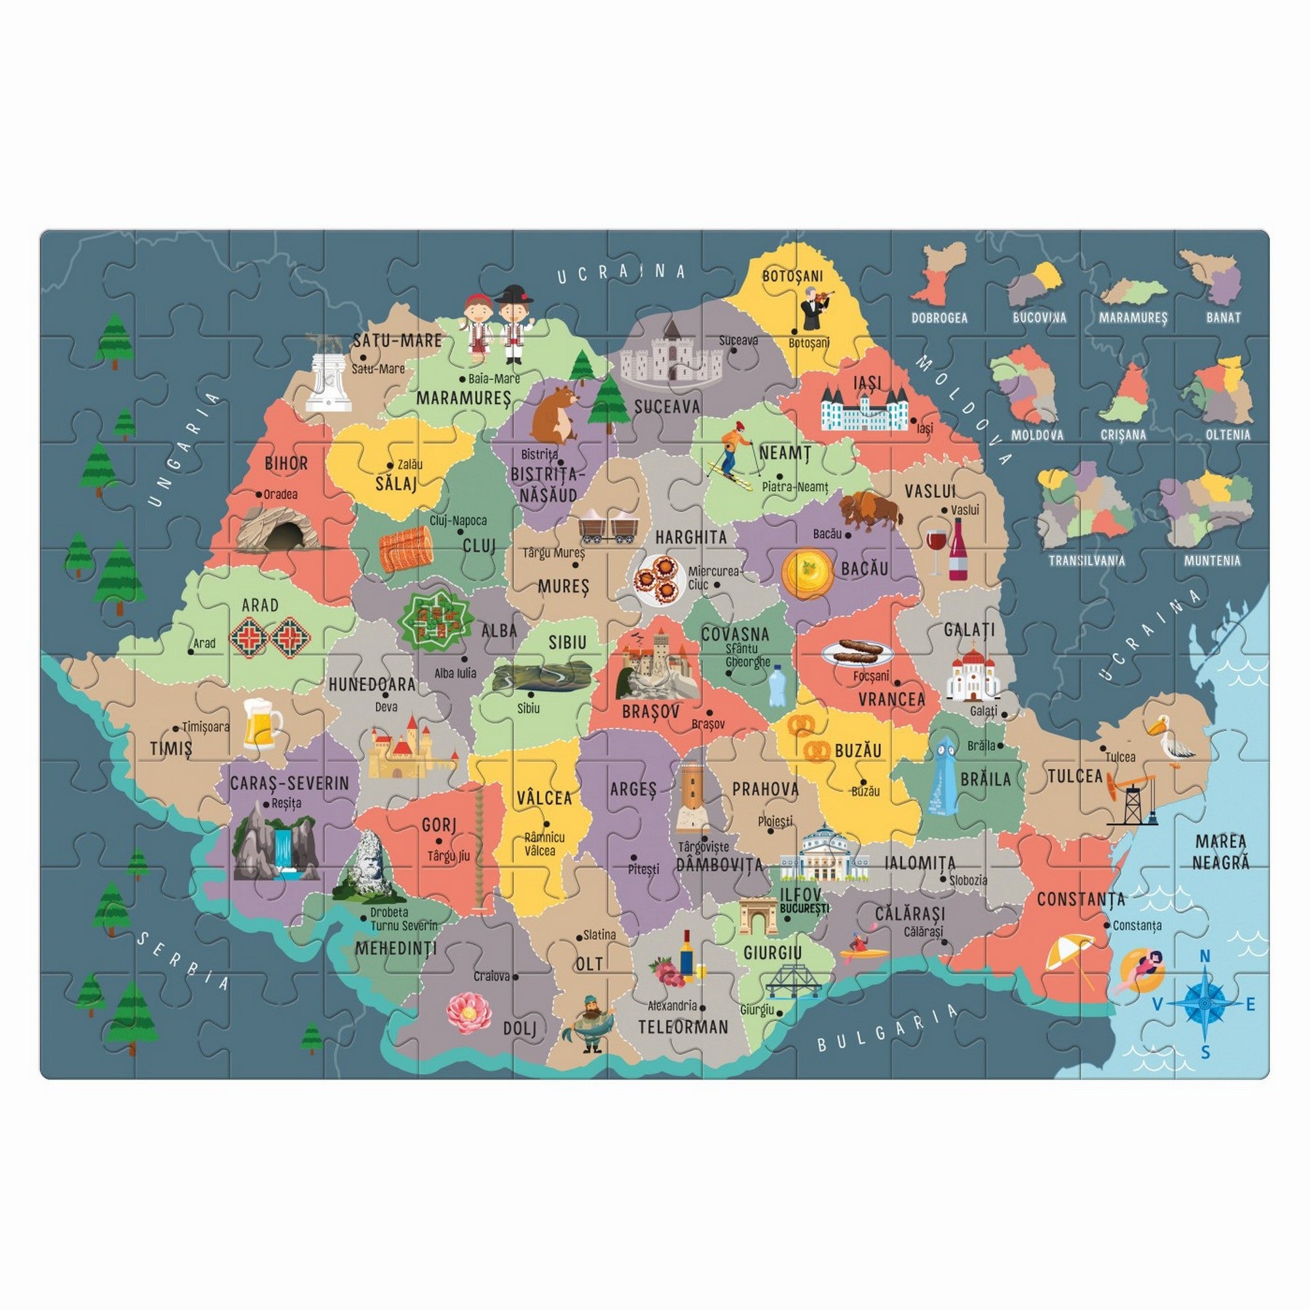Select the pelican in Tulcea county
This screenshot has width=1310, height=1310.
click(x=1170, y=740)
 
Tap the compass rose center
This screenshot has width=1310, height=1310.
click(x=1205, y=1003)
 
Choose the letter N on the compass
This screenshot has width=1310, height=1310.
click(x=1205, y=957)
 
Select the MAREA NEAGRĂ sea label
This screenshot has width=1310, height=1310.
click(x=1221, y=851)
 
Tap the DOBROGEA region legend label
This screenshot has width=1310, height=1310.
click(x=939, y=317)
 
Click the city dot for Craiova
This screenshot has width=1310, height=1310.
click(x=516, y=977)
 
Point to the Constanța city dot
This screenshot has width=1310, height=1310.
click(x=1106, y=926)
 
